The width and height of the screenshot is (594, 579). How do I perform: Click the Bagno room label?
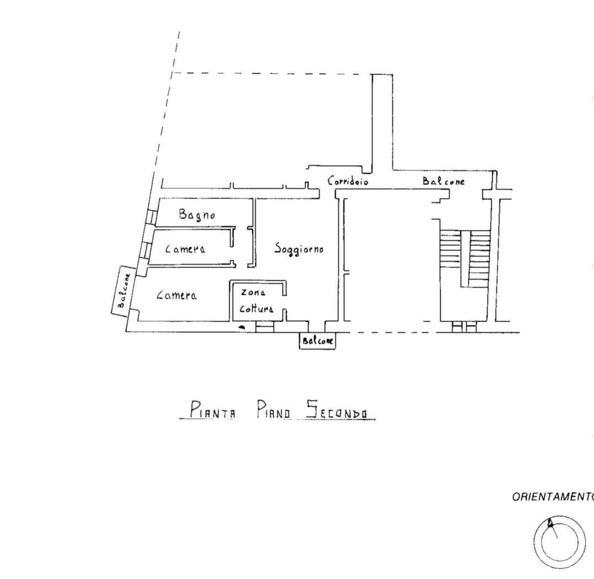(197, 215)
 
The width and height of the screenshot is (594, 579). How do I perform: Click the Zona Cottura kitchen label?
(257, 301)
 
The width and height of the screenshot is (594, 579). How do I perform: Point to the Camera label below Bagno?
(185, 249)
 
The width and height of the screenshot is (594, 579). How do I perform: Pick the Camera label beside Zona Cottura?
(177, 295)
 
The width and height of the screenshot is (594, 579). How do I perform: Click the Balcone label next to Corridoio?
(443, 181)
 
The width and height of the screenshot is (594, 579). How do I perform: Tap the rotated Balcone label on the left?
(124, 291)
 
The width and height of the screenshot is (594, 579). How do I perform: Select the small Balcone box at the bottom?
(317, 341)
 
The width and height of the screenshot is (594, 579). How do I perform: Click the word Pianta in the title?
(212, 410)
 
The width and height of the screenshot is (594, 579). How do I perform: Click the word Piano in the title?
(273, 410)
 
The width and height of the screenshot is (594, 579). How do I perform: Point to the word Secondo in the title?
(336, 410)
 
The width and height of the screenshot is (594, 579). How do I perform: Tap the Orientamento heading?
(553, 497)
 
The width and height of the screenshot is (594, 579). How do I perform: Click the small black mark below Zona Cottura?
(241, 326)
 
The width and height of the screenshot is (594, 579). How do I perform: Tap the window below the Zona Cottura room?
(264, 326)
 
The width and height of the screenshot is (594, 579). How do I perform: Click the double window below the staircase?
(464, 326)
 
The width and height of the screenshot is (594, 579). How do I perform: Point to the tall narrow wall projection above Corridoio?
(382, 123)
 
